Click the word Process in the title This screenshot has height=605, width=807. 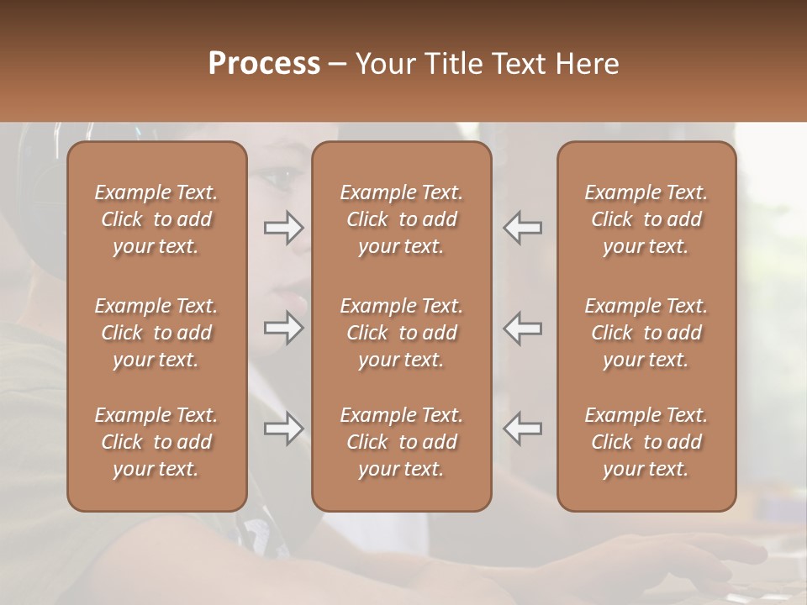[264, 64]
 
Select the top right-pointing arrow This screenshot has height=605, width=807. [284, 228]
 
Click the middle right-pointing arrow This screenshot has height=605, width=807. [284, 328]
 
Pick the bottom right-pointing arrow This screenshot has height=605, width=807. [284, 429]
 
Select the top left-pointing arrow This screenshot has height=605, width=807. [522, 228]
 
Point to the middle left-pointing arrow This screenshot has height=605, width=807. [522, 328]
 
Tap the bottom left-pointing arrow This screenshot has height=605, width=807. [522, 429]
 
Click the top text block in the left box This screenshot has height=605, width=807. [156, 219]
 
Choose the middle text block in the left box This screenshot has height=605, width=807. [156, 333]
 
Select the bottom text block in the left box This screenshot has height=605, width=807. [156, 442]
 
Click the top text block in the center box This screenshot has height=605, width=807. [402, 219]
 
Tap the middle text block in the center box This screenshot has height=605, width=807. [402, 333]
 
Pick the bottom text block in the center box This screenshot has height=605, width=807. [402, 442]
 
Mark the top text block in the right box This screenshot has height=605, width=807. [646, 219]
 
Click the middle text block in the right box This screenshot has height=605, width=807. [646, 333]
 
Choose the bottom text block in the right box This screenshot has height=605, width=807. [646, 442]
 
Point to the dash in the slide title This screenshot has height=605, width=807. [338, 65]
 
